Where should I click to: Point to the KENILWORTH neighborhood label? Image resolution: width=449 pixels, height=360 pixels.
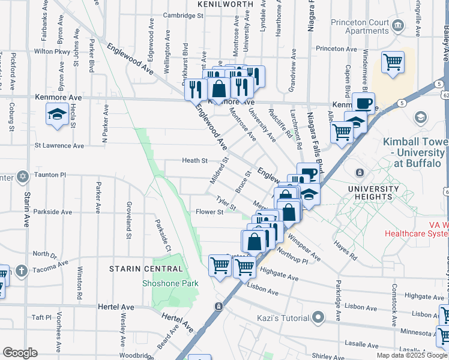[223, 4]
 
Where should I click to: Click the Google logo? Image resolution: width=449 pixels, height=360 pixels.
[20, 353]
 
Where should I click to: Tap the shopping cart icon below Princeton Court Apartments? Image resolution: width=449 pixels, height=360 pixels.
[393, 62]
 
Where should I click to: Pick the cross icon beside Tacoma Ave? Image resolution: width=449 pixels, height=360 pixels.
[22, 269]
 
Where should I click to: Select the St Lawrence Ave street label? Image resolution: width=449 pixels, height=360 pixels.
[59, 145]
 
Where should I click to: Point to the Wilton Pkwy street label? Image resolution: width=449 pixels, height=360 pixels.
[52, 52]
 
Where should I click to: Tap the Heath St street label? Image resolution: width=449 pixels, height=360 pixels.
[195, 161]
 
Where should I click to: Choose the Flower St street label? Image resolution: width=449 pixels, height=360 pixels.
[209, 212]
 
